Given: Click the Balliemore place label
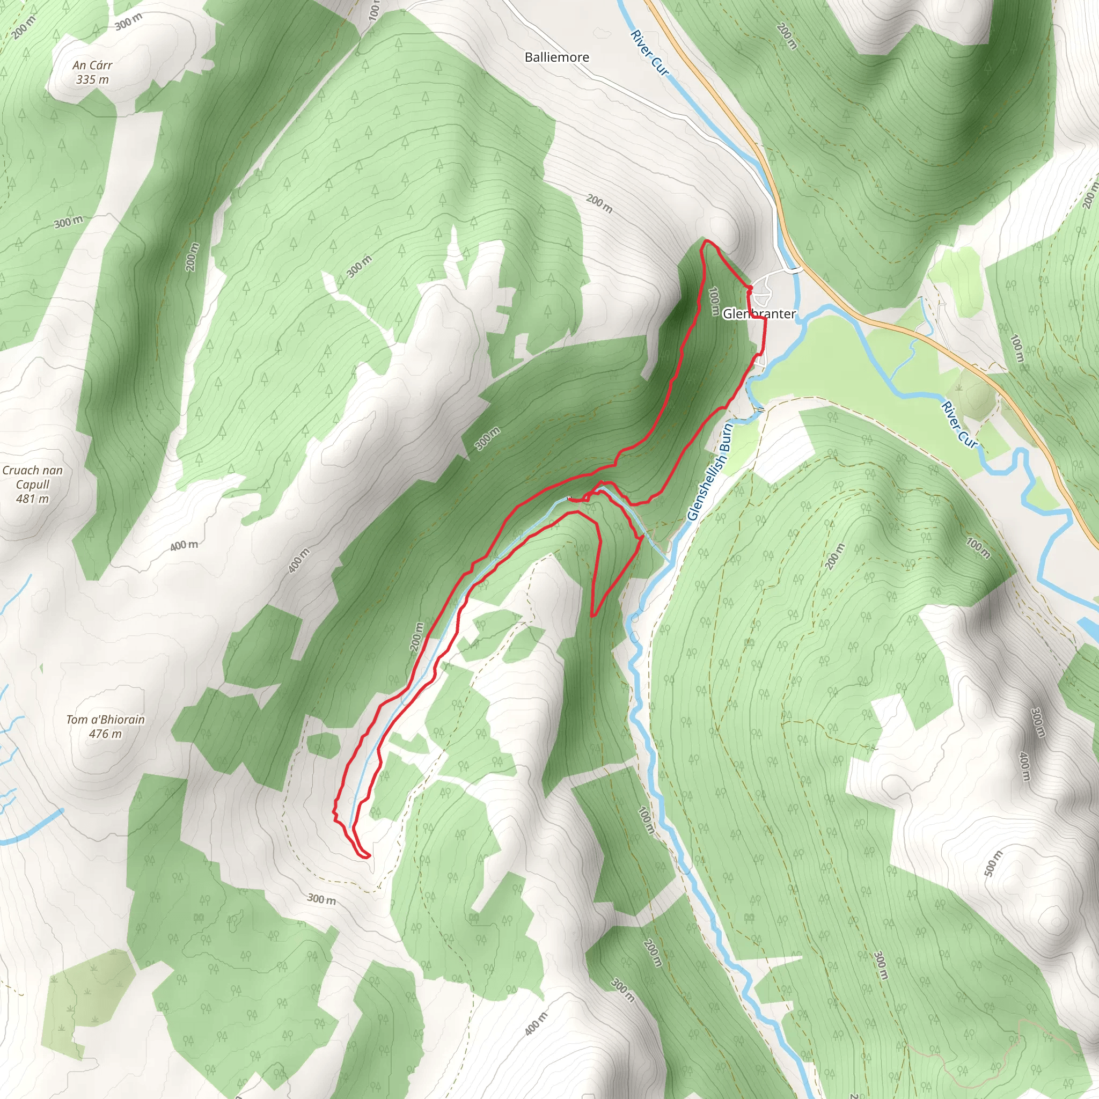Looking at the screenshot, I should [556, 57].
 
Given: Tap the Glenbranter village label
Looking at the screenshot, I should [759, 314].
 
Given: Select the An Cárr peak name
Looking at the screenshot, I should [92, 65].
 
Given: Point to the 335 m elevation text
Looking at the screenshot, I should [92, 79].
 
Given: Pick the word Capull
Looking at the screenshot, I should [32, 485].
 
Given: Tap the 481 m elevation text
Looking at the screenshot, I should [32, 499].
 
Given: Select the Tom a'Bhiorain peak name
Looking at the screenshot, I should [105, 720].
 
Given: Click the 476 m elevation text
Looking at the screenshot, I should [105, 734].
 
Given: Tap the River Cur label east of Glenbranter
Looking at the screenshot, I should [959, 424].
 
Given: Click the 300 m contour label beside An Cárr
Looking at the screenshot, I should [128, 22].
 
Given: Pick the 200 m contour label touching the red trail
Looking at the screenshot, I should [416, 637].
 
